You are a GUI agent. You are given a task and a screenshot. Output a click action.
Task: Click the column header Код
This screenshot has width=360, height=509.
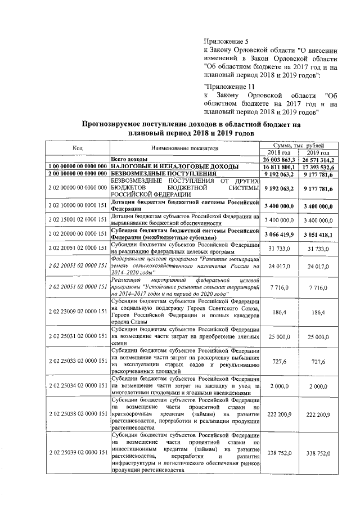tap(78, 148)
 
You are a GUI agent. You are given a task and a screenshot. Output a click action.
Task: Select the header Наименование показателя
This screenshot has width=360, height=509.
tap(184, 148)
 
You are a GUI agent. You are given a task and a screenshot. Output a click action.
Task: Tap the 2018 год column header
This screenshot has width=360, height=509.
tap(278, 152)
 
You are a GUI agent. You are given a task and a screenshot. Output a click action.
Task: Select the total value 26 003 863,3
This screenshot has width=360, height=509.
tap(278, 160)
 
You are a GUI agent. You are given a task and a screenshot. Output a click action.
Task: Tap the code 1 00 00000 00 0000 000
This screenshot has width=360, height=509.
tap(78, 167)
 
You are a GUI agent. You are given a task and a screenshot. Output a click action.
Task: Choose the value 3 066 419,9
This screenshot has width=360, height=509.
tap(278, 233)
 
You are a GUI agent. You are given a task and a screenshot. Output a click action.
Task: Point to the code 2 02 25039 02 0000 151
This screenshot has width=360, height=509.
tap(78, 452)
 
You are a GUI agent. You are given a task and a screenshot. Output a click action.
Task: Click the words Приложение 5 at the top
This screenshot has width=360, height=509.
tap(225, 42)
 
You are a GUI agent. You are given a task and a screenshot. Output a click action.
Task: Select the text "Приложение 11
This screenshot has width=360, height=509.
tap(231, 87)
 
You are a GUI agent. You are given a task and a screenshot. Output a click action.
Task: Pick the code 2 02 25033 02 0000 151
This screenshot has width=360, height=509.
tap(78, 361)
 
